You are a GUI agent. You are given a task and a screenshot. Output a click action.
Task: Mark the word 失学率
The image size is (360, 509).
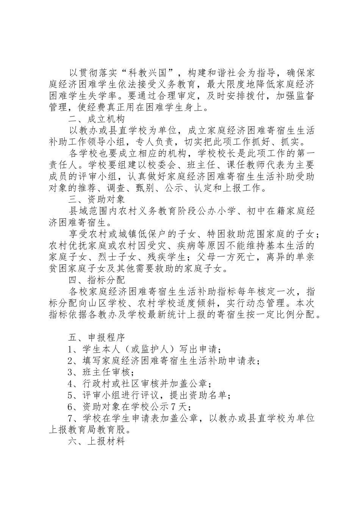tap(120, 96)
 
